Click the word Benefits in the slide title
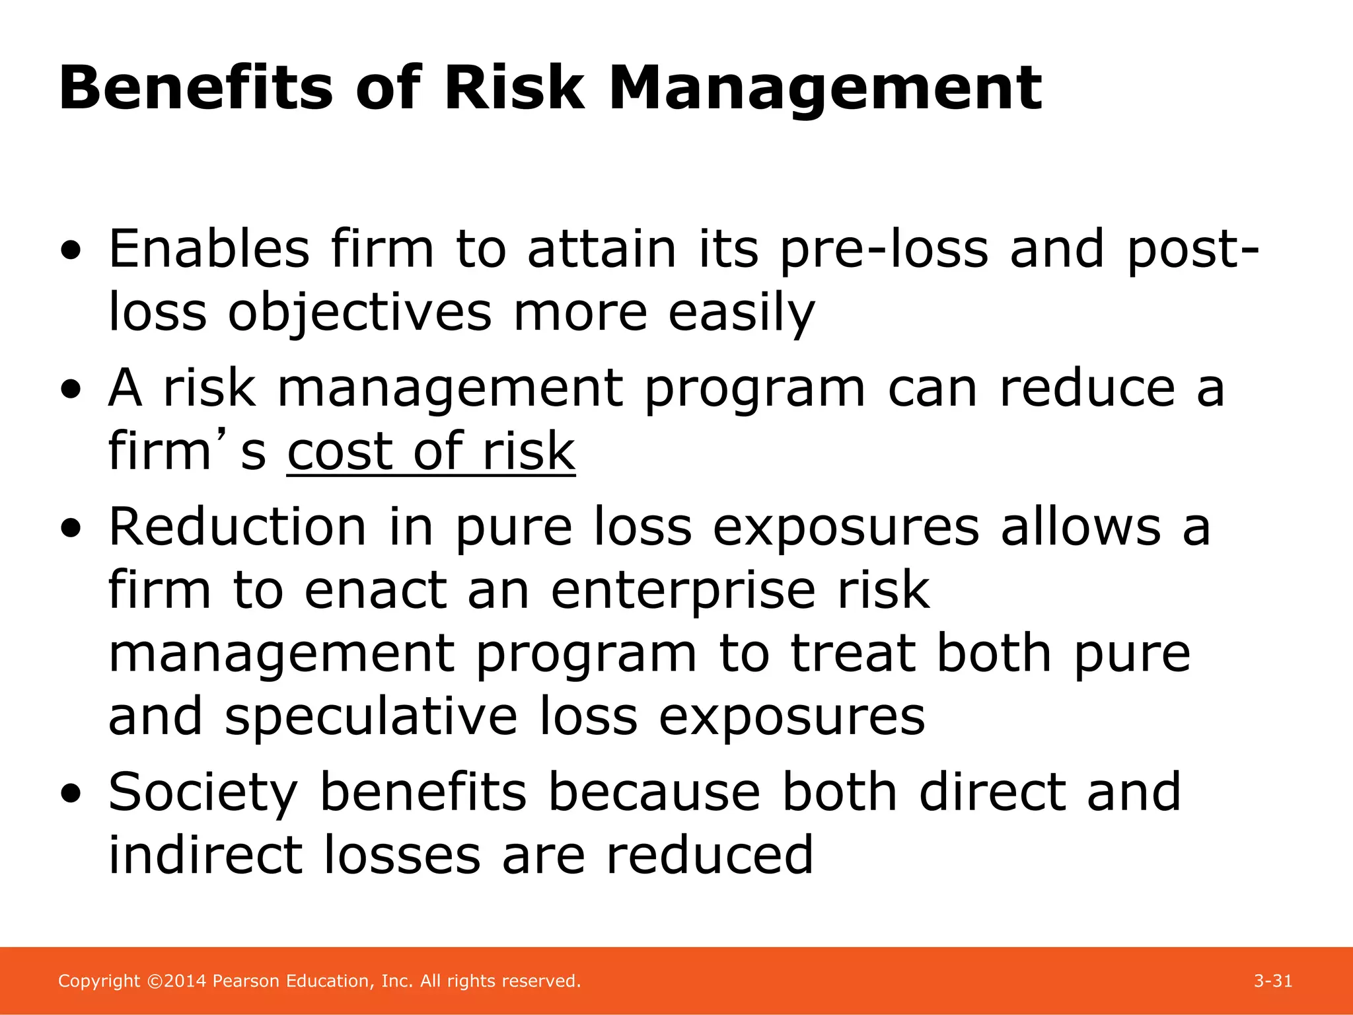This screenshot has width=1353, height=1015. pyautogui.click(x=196, y=89)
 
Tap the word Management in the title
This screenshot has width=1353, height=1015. pyautogui.click(x=825, y=90)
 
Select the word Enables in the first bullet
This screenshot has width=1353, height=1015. pyautogui.click(x=209, y=249)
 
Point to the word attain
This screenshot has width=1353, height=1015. pyautogui.click(x=602, y=249)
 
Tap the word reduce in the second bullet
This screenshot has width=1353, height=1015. pyautogui.click(x=1087, y=388)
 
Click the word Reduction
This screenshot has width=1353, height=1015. pyautogui.click(x=237, y=527)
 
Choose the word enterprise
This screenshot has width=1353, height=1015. pyautogui.click(x=682, y=590)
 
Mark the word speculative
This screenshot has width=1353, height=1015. pyautogui.click(x=371, y=716)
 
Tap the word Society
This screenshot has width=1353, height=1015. pyautogui.click(x=203, y=793)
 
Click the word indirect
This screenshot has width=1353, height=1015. pyautogui.click(x=205, y=855)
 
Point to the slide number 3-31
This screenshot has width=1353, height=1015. pyautogui.click(x=1272, y=981)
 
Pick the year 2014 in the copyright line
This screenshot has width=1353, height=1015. pyautogui.click(x=186, y=981)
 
